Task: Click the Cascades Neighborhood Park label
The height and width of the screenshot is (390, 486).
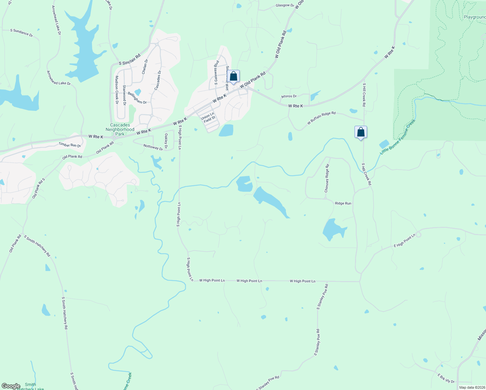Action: (x=120, y=129)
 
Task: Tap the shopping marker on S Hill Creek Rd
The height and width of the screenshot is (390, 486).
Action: (x=361, y=132)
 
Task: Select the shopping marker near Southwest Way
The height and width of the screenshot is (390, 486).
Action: (x=233, y=76)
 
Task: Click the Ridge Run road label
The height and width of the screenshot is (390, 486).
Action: (x=343, y=203)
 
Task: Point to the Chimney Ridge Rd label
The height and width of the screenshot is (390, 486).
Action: (x=327, y=178)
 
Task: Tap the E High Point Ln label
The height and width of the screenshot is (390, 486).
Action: (x=404, y=241)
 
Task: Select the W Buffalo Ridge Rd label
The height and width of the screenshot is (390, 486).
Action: (x=321, y=118)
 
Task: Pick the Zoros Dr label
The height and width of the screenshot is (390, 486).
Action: (x=289, y=97)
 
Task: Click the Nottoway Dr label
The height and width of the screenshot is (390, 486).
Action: (x=153, y=147)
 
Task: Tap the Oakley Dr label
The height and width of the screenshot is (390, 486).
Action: (x=166, y=141)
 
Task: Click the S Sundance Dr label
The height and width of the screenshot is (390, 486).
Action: (x=21, y=32)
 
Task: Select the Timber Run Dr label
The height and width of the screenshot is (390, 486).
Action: (x=70, y=145)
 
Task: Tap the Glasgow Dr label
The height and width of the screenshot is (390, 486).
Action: (x=285, y=6)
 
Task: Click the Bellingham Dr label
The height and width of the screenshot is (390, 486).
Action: (x=137, y=98)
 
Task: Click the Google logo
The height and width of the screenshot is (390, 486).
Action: (x=11, y=386)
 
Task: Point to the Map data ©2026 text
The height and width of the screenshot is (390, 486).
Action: (x=472, y=387)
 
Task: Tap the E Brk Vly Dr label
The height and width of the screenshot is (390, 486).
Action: (x=446, y=379)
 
